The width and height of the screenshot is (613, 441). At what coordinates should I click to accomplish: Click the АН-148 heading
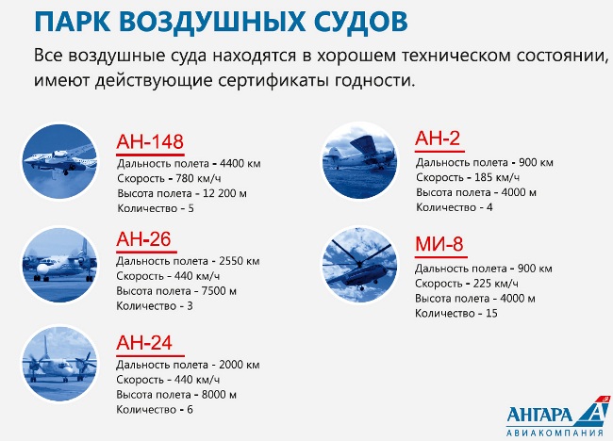[x=150, y=141]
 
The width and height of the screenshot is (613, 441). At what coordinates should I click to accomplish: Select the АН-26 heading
[x=143, y=239]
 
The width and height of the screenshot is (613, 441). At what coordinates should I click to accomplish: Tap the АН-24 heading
[x=144, y=343]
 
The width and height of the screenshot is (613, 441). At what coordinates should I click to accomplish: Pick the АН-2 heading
[x=438, y=138]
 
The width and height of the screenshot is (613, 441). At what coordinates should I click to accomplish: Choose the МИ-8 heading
[x=439, y=244]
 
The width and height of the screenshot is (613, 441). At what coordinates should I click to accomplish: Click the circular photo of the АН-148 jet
[x=59, y=161]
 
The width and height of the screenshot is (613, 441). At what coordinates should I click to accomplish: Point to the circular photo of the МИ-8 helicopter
[x=359, y=265]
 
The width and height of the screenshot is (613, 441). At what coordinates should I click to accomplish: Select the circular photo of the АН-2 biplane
[x=359, y=161]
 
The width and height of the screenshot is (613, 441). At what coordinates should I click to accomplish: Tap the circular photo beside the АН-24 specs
[x=59, y=364]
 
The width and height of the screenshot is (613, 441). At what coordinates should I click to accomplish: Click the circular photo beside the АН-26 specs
[x=59, y=265]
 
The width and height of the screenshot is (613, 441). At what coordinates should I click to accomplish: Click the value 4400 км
[x=240, y=163]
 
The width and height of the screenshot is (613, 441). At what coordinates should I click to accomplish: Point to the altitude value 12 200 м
[x=224, y=193]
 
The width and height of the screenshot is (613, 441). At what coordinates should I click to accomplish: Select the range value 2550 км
[x=240, y=261]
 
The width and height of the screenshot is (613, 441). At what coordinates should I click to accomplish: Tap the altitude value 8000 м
[x=219, y=395]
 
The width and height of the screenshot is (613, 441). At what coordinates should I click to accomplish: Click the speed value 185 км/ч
[x=497, y=178]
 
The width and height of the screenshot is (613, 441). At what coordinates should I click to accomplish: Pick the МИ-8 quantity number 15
[x=491, y=313]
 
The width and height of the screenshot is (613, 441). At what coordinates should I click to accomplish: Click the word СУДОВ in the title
[x=360, y=22]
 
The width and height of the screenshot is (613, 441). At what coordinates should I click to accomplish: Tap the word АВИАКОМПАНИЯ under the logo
[x=555, y=433]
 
